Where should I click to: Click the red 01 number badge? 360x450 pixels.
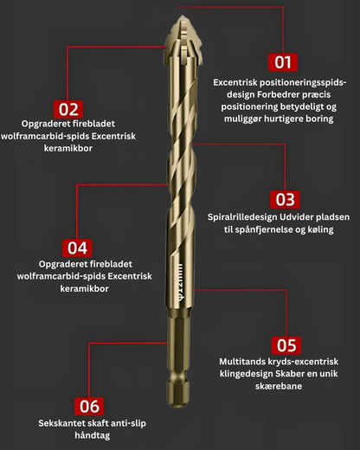(x=283, y=62)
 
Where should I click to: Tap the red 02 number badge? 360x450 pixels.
(x=68, y=109)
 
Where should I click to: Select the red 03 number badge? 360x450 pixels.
(x=285, y=199)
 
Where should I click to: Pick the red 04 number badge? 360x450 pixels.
(x=77, y=247)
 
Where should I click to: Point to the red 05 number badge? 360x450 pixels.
(x=286, y=345)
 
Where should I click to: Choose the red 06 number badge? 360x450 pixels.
(x=89, y=406)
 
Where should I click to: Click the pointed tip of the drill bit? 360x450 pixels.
(x=183, y=16)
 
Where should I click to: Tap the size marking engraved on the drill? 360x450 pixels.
(x=180, y=282)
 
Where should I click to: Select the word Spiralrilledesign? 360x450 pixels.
(x=242, y=217)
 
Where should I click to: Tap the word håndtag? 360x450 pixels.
(x=93, y=435)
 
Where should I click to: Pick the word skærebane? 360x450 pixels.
(x=279, y=386)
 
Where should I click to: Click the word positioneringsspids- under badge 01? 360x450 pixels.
(x=303, y=83)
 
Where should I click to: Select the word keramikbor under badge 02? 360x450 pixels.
(x=68, y=148)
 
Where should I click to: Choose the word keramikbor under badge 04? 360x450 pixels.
(x=84, y=288)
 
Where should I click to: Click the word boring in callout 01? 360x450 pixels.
(x=320, y=119)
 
